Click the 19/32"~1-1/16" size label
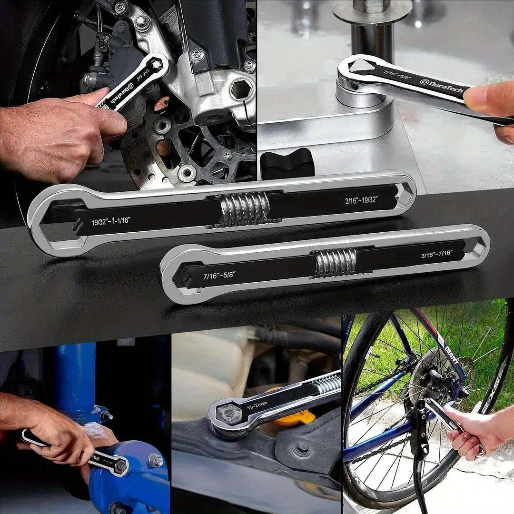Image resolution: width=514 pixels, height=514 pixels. [x=111, y=220]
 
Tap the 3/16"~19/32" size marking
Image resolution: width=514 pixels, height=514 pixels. [x=361, y=200]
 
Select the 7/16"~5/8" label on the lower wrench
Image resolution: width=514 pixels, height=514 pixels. [x=219, y=275]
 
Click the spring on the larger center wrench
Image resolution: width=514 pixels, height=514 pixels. [x=245, y=209]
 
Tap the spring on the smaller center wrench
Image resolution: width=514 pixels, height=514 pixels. [x=336, y=263]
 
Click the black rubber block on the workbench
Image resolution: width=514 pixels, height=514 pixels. [x=287, y=164]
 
